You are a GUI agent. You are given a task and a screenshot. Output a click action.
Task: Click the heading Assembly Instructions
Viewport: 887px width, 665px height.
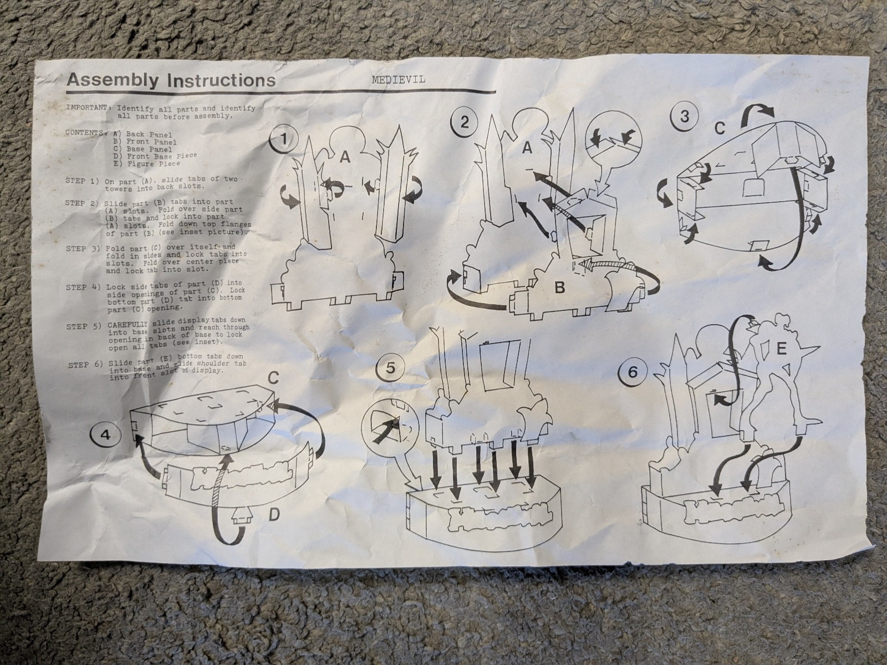(x=171, y=80)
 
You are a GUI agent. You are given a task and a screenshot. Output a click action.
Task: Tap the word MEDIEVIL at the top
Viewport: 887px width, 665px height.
(x=399, y=79)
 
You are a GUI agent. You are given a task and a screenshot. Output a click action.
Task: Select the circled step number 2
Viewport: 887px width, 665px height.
(x=465, y=122)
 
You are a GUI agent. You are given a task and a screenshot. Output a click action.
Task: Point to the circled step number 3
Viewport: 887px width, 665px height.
(x=684, y=117)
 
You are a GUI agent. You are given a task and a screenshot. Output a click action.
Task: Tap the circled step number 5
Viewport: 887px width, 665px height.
(x=390, y=369)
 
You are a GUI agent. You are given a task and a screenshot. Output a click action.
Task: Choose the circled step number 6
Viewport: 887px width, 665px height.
(x=633, y=372)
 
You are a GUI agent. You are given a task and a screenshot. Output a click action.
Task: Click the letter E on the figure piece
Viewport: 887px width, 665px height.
(x=781, y=349)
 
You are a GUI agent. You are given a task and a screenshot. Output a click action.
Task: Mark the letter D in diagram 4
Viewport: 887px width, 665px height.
(x=274, y=514)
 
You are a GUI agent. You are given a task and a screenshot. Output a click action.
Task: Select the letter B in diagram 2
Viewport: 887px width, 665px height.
(x=560, y=288)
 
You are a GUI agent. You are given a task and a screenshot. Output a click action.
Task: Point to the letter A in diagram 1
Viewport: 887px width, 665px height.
(x=344, y=157)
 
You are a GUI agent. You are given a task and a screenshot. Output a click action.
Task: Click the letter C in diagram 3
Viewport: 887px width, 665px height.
(x=720, y=129)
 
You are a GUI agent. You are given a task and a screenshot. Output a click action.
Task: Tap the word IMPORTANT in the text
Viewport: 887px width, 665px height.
(x=88, y=108)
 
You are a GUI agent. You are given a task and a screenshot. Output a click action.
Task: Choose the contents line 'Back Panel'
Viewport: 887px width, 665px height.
(x=144, y=135)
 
